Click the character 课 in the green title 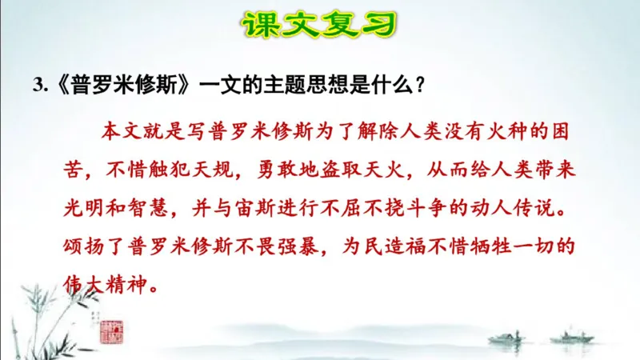[264, 25]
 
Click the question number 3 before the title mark [37, 87]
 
